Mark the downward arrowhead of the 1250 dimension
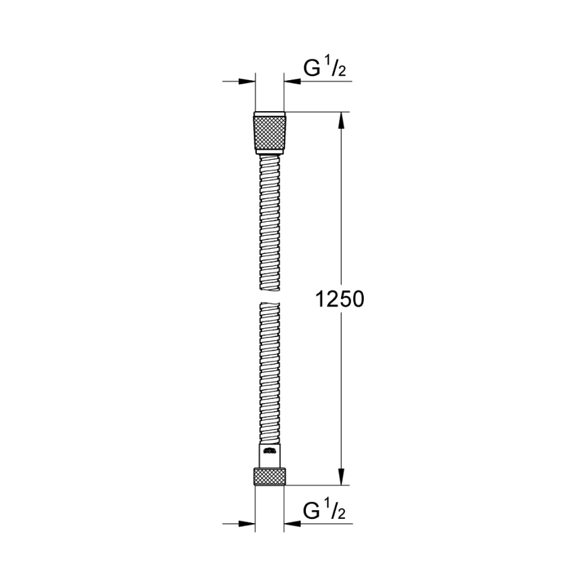click(341, 476)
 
